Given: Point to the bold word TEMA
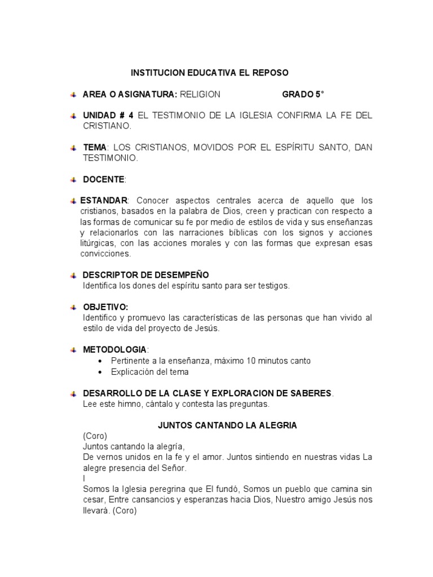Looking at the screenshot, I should [94, 148].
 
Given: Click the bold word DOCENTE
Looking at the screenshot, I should [104, 179].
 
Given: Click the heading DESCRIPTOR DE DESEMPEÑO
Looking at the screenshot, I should [145, 275].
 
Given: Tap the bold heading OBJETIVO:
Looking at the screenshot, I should [105, 307].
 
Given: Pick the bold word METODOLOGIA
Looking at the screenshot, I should [114, 350].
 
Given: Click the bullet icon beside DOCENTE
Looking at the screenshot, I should [73, 180].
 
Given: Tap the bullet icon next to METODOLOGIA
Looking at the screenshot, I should [73, 350].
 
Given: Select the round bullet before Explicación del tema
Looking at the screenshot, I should [100, 372].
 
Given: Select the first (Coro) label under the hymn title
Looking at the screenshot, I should [94, 436].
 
